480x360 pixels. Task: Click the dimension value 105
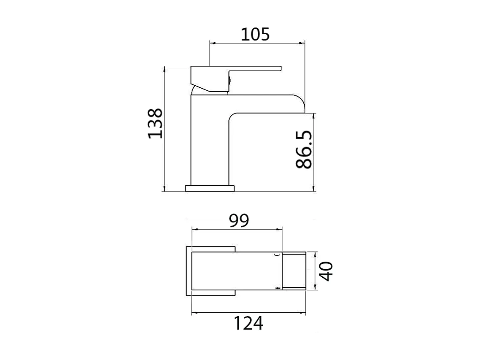255,34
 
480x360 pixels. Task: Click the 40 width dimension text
326,271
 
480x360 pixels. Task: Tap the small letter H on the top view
278,288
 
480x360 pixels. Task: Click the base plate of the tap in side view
210,188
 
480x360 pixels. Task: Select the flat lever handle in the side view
253,68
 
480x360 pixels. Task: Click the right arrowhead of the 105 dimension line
302,43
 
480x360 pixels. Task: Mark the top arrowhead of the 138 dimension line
164,68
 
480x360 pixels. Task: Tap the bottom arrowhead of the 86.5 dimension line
313,189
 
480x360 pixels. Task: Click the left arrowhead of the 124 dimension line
194,313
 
